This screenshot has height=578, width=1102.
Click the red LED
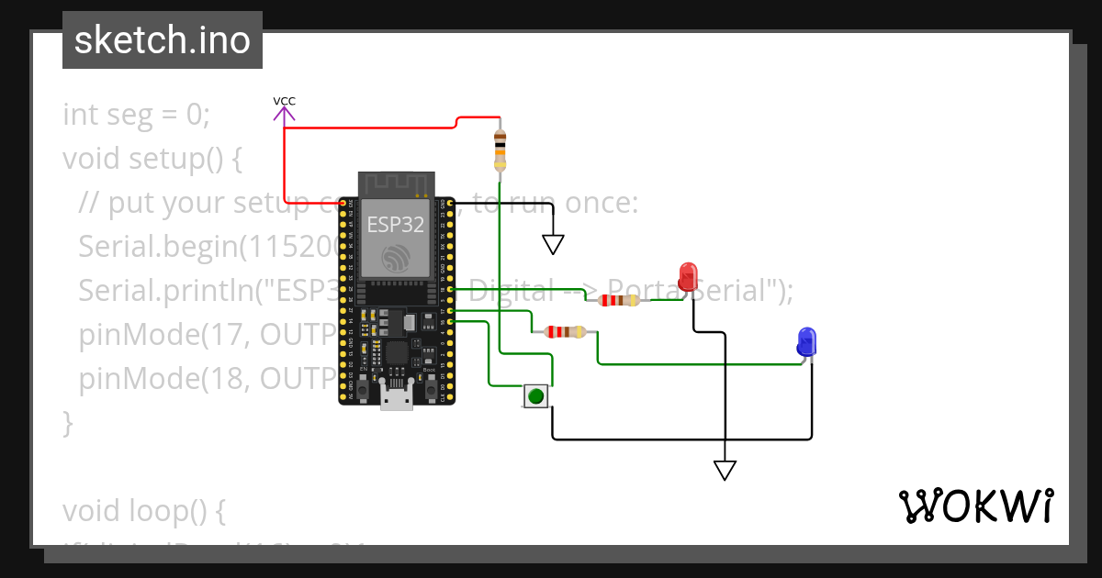click(688, 276)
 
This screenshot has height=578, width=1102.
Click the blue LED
click(806, 341)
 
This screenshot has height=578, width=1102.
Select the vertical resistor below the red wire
click(500, 149)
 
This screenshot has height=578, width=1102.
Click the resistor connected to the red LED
click(619, 300)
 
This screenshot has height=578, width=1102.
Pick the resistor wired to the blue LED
click(565, 332)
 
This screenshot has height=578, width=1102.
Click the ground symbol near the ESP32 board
click(553, 243)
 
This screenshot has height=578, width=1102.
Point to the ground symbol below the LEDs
click(725, 470)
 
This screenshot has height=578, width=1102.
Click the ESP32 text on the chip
click(395, 223)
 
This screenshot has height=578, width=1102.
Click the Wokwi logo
click(975, 506)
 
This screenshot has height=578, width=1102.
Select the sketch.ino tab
click(163, 41)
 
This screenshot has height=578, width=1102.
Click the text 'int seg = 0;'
click(137, 115)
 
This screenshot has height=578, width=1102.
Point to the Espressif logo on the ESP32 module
click(396, 257)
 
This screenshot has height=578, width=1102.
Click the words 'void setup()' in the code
click(152, 159)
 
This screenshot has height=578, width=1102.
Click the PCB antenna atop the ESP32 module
click(395, 184)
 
